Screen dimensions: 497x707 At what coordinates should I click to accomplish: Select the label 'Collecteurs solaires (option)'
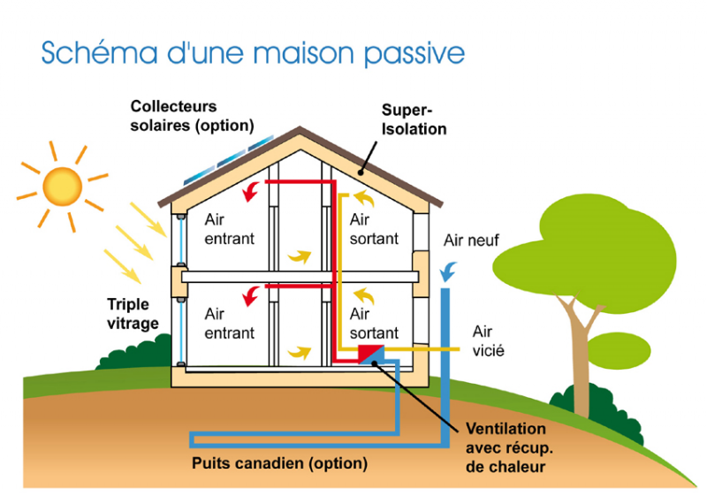(x=192, y=116)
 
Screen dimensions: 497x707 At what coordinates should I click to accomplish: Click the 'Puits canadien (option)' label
(x=279, y=463)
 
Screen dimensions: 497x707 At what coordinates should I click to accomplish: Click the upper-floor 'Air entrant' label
(x=229, y=228)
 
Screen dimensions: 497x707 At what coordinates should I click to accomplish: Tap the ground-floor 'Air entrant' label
(x=229, y=323)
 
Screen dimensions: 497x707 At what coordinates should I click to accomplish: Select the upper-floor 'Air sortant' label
(x=374, y=228)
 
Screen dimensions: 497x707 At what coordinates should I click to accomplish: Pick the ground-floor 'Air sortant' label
(x=374, y=323)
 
